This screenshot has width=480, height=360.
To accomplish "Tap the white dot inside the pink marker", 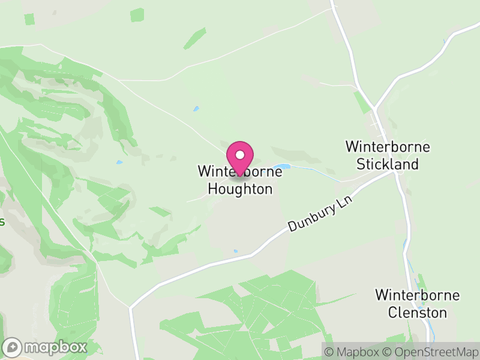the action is [x=240, y=155].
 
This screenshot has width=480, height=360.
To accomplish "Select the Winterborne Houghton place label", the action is [x=239, y=181].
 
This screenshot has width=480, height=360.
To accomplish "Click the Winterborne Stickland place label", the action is [x=388, y=155].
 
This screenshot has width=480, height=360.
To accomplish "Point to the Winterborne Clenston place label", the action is [x=417, y=304].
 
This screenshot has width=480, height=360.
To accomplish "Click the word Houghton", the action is [x=240, y=189].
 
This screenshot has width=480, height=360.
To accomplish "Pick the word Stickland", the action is [x=388, y=164].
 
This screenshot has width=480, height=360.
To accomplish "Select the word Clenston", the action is [x=417, y=313].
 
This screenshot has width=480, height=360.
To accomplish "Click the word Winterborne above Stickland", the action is [x=388, y=147].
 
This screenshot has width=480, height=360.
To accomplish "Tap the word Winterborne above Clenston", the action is [x=417, y=295].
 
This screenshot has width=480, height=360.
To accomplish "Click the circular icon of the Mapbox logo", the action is [x=13, y=347].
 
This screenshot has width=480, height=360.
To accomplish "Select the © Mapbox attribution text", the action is [x=354, y=352].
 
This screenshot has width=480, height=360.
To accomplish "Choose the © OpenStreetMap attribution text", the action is [x=431, y=352].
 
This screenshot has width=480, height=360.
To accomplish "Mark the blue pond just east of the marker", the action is [x=281, y=167].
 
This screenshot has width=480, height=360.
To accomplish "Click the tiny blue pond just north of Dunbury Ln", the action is [x=235, y=251].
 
